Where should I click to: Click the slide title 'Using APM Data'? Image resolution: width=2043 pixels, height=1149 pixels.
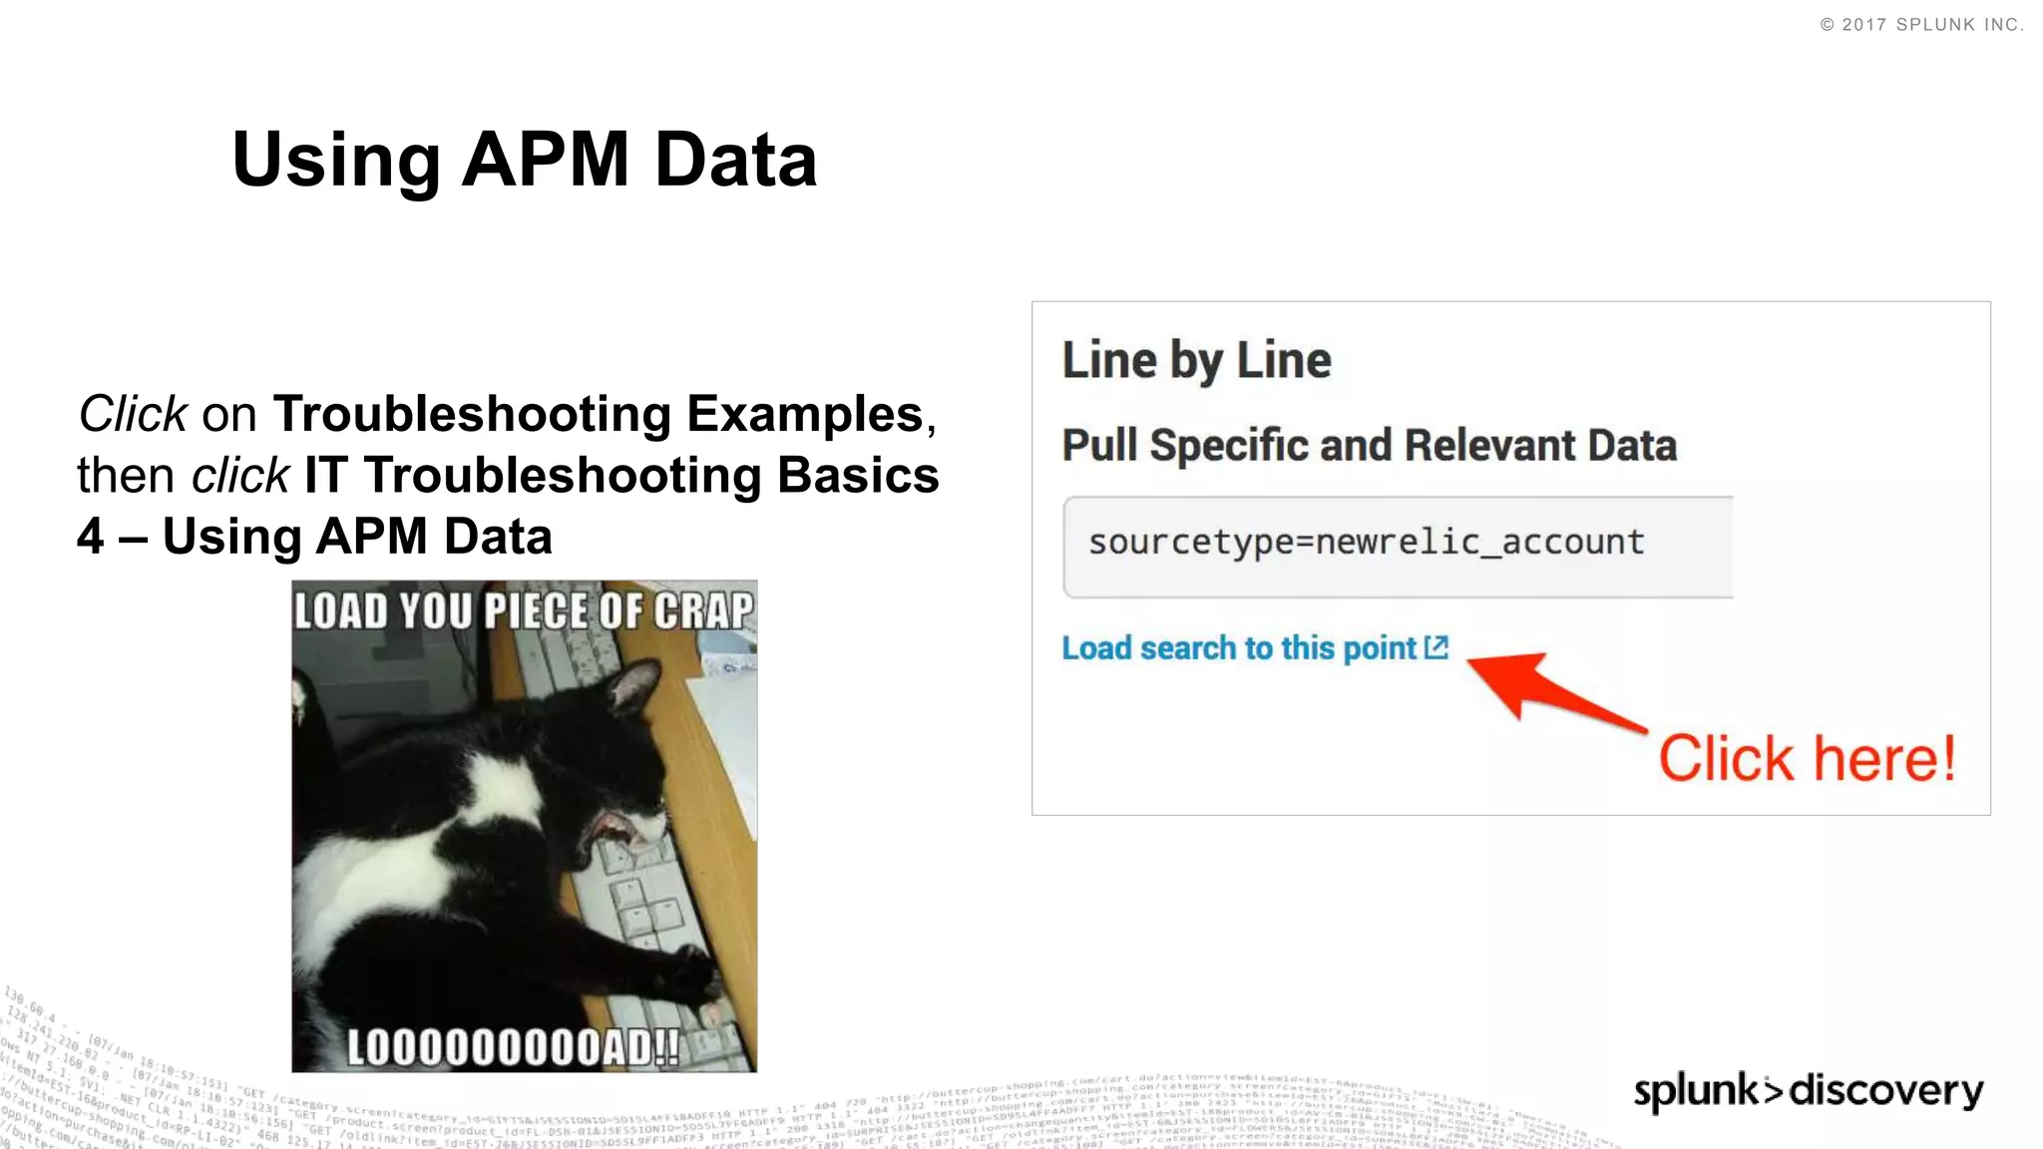pos(524,160)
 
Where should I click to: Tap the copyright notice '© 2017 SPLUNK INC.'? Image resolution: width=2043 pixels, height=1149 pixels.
pos(1921,25)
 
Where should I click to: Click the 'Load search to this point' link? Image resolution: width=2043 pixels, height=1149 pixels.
pos(1238,648)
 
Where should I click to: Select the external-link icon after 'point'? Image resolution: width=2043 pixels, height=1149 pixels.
pos(1436,647)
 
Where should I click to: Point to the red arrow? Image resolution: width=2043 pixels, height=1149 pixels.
pos(1546,689)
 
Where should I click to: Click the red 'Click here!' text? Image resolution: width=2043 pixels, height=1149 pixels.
pos(1807,759)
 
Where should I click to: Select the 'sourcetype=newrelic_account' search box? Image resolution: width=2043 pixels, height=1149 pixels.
pos(1397,547)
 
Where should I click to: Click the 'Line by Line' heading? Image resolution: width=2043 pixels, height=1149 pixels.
pos(1196,360)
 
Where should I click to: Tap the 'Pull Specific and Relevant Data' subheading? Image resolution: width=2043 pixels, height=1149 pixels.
pos(1369,445)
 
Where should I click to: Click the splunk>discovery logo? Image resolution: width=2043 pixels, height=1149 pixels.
pos(1808,1090)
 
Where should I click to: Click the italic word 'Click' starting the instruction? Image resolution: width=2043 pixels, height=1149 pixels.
pos(133,414)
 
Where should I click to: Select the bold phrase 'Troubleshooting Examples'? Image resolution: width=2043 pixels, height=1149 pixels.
pos(599,414)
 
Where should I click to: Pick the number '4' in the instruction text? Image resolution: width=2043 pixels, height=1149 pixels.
pos(91,537)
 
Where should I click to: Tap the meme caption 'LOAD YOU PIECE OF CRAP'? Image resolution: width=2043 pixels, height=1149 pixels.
pos(524,610)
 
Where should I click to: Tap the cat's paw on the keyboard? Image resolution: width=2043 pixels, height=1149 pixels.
pos(698,972)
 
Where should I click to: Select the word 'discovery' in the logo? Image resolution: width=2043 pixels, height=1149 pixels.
pos(1885,1090)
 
